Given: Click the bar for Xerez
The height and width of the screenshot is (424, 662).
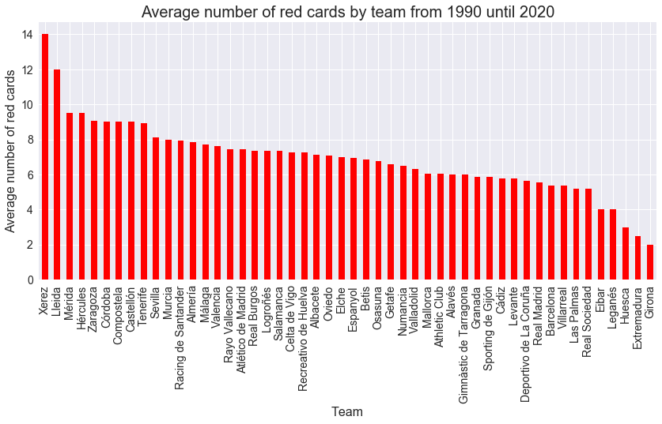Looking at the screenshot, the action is (x=45, y=157).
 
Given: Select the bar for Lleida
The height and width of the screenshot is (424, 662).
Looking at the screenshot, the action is (x=57, y=174).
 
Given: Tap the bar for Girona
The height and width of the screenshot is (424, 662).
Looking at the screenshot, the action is (x=650, y=262).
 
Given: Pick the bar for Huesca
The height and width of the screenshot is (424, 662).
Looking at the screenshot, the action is (x=626, y=253).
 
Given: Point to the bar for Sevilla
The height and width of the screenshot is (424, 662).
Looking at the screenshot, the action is (x=156, y=208).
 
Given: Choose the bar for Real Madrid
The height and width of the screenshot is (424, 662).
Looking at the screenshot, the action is (x=539, y=231).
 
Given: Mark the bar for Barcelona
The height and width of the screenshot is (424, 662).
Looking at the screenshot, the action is (x=551, y=233).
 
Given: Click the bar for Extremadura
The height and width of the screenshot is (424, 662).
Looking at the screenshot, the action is (x=638, y=258).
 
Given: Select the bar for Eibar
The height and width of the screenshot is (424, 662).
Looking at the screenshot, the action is (x=601, y=245).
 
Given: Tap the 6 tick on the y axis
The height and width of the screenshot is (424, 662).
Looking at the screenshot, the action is (x=29, y=175).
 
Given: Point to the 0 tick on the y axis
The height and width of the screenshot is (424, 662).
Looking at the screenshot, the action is (x=29, y=280).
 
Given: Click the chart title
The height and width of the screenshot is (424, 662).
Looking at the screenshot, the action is (x=347, y=12).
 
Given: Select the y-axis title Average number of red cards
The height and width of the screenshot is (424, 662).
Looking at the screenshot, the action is (x=10, y=152).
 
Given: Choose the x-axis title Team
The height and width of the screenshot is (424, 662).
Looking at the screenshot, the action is (x=347, y=411).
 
